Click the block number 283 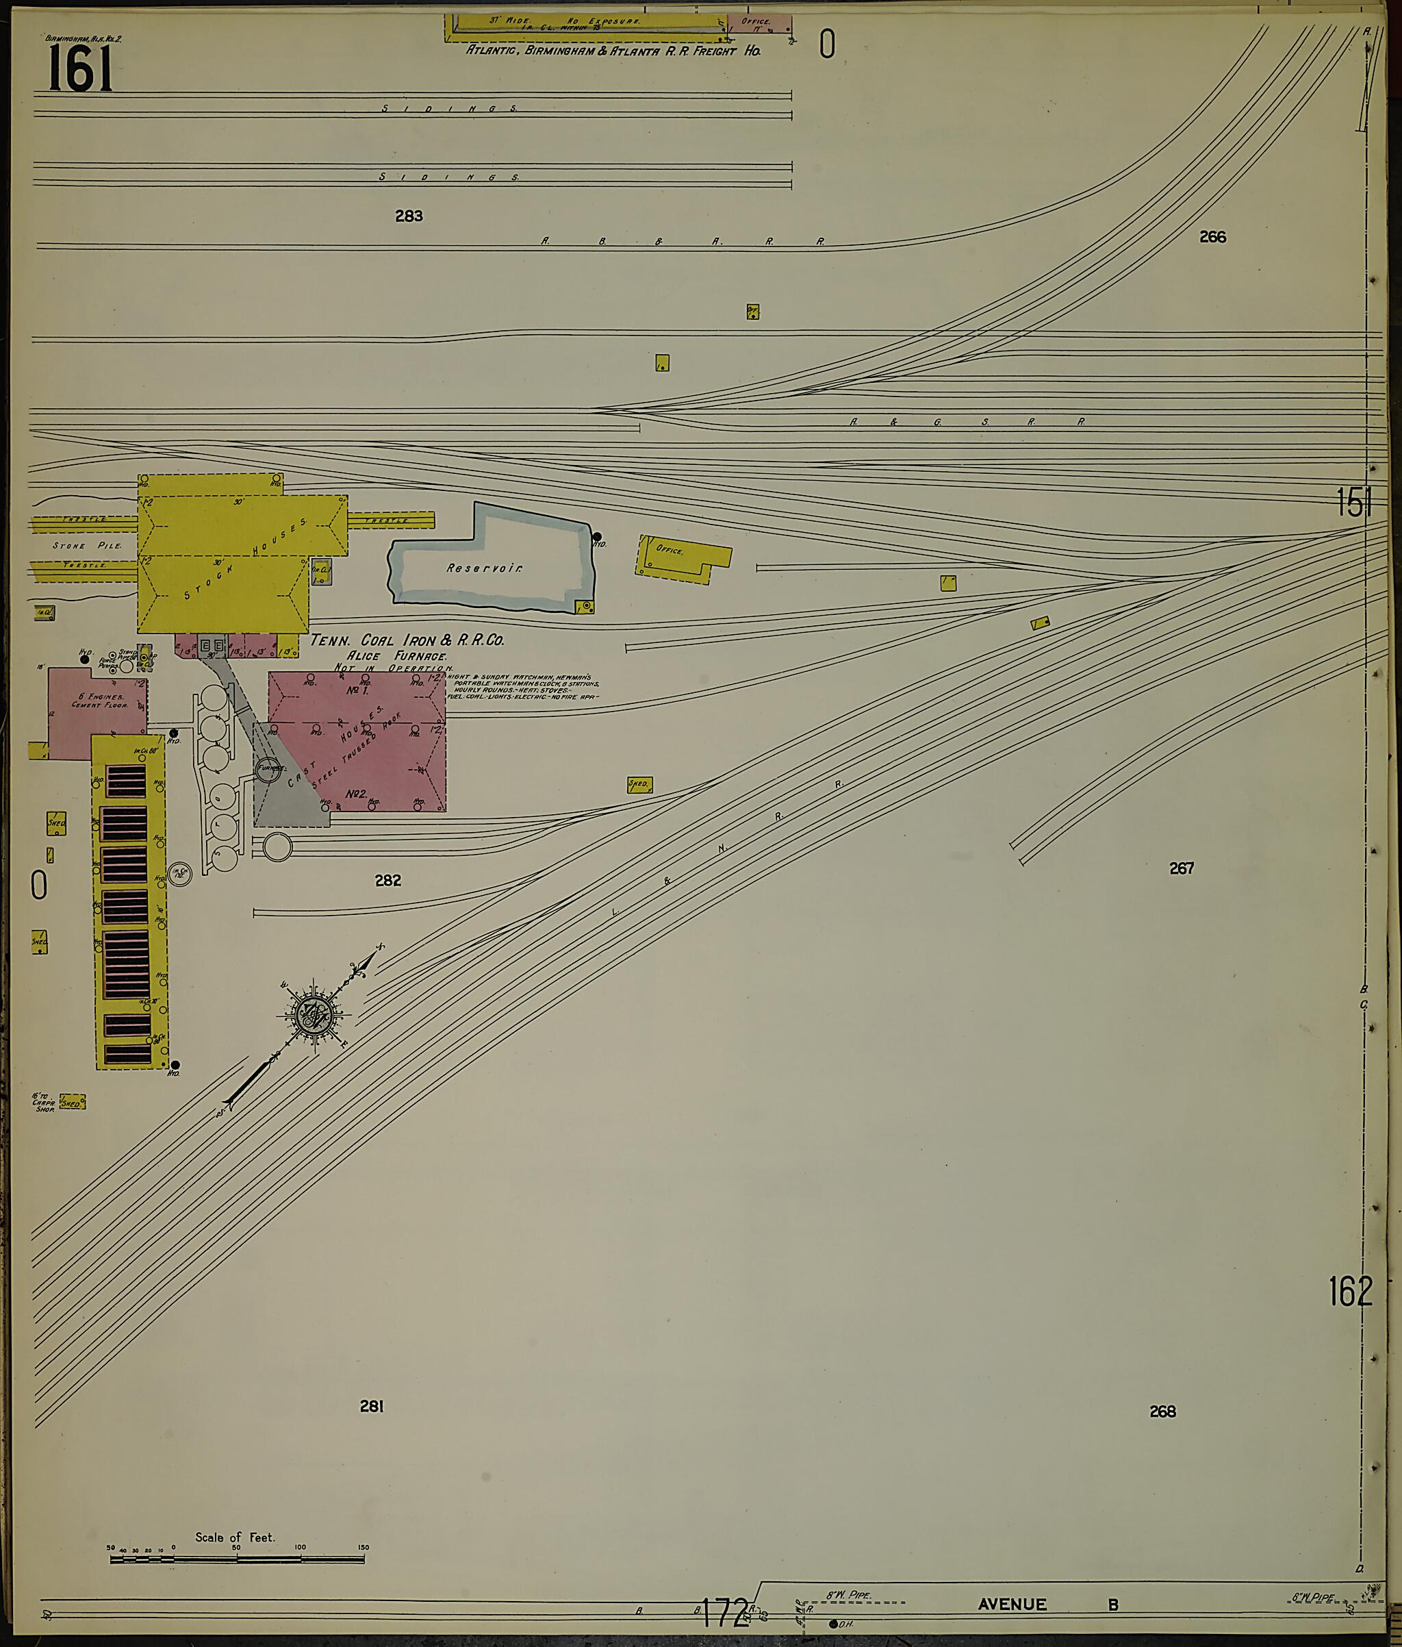point(409,216)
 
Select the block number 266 point(1212,236)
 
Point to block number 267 point(1181,868)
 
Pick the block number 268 point(1162,1411)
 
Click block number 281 point(371,1406)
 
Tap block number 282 point(388,880)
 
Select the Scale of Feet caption point(235,1537)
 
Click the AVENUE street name point(1012,1604)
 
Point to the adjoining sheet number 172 point(725,1611)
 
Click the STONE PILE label point(88,546)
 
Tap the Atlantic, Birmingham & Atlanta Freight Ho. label point(612,50)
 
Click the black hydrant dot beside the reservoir point(597,536)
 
